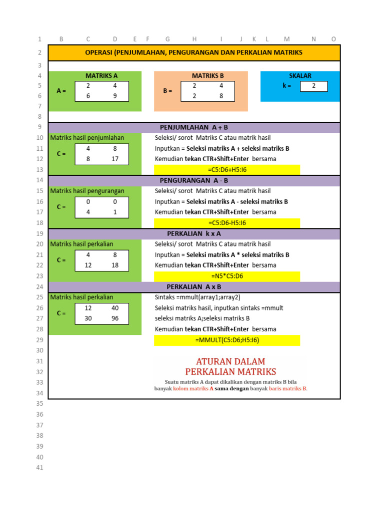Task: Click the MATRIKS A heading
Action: coord(101,76)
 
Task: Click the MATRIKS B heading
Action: coord(208,76)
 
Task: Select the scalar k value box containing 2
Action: coord(313,86)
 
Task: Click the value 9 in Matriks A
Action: coord(114,96)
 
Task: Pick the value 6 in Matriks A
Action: coord(88,96)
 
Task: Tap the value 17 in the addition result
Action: coord(114,159)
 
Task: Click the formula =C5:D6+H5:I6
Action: coord(227,170)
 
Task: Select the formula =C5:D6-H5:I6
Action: coord(227,223)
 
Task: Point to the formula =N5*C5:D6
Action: coord(227,276)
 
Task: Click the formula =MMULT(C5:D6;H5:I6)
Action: coord(227,340)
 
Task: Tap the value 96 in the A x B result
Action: coord(115,318)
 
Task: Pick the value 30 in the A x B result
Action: coord(88,318)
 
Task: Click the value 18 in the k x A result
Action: coord(115,265)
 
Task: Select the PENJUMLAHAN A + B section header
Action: coord(194,128)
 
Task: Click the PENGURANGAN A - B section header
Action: coord(194,181)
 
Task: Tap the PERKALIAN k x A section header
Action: coord(194,234)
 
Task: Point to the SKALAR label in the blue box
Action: coord(300,76)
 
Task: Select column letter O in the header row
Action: coord(333,39)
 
